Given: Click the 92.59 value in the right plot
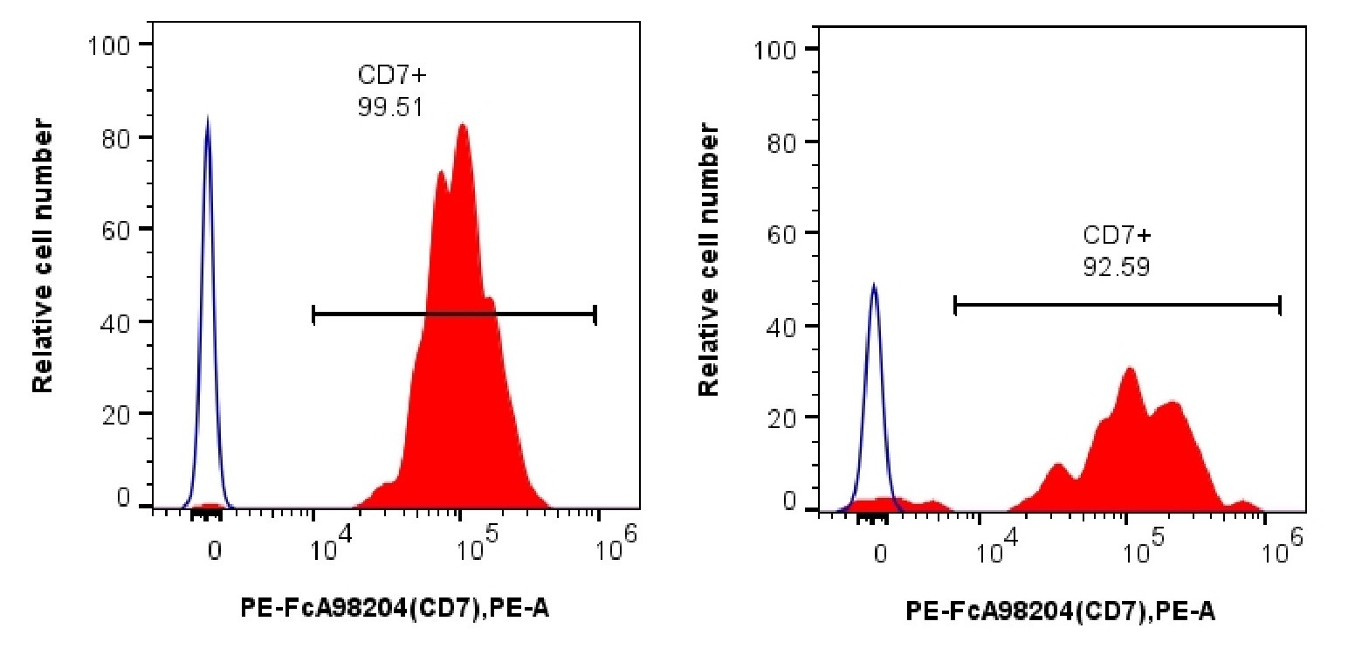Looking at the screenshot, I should point(1117,266).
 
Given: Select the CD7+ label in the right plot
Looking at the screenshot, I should point(1118,235).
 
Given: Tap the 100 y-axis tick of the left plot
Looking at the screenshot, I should point(109,44).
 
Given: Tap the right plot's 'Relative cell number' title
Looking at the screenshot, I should point(709,260).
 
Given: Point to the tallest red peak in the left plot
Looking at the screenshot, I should point(462,124).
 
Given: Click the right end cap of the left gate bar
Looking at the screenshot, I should point(595,315).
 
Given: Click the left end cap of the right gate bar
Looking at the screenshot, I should point(956,305).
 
